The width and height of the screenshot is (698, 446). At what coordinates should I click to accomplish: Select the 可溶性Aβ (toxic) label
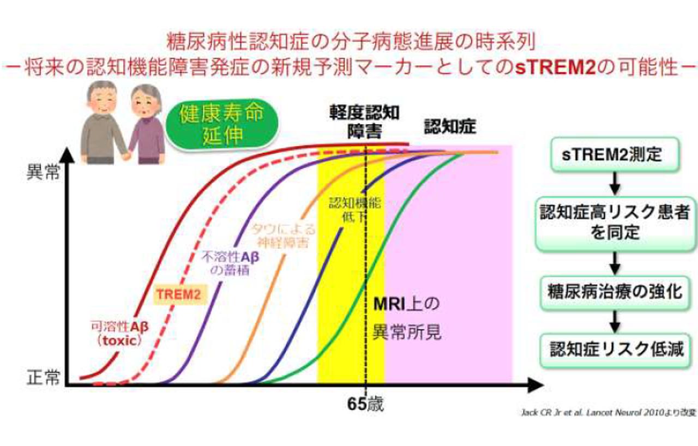coord(118,333)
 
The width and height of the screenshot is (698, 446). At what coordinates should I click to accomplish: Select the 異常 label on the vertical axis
coord(44,177)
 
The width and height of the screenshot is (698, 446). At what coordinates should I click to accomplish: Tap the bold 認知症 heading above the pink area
coord(450,127)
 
